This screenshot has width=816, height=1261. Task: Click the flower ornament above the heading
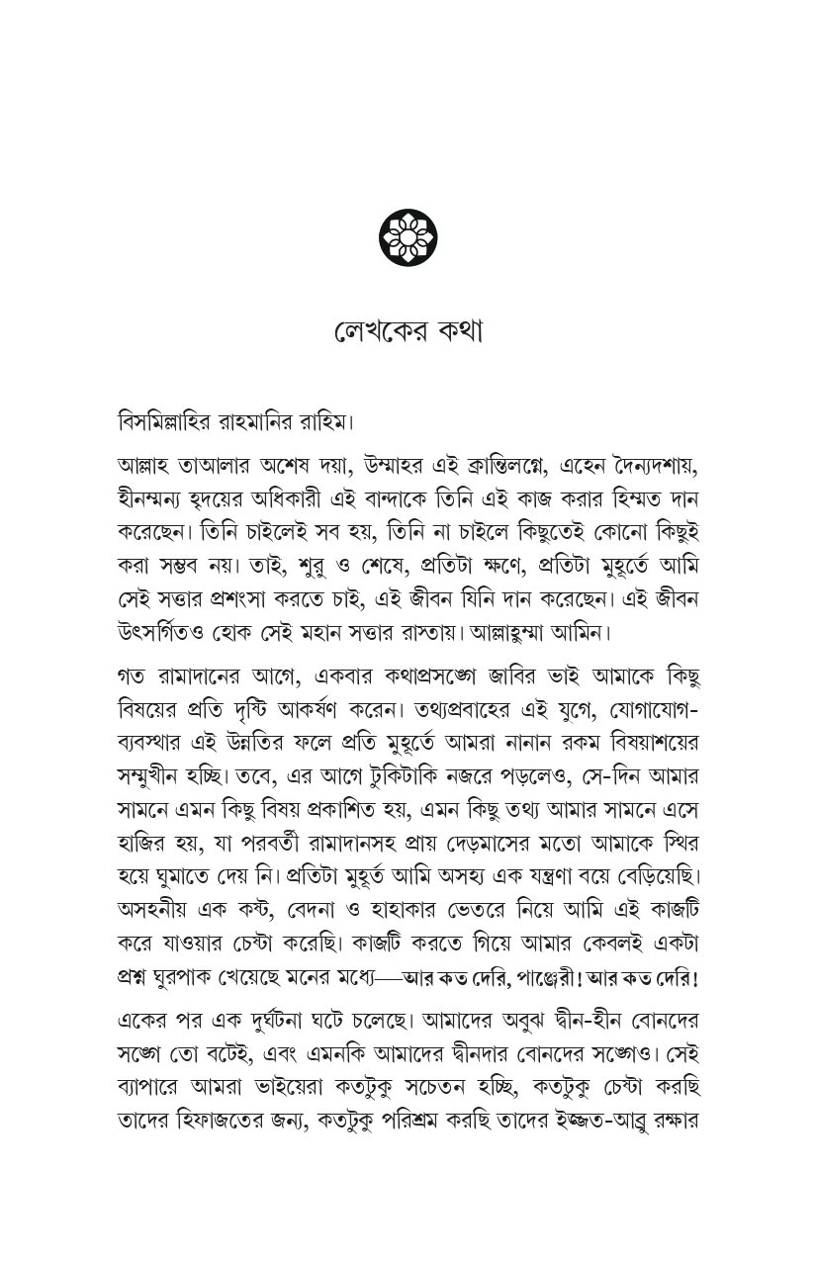408,235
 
